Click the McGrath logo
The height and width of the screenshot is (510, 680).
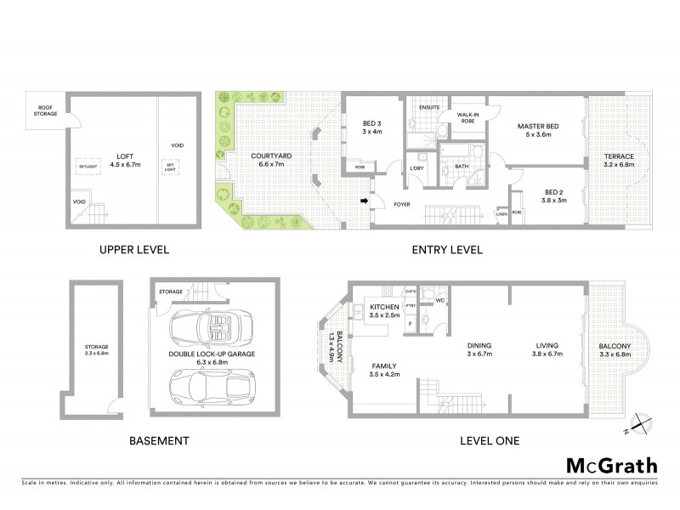pos(611,465)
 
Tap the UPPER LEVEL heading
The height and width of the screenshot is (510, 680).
pos(133,250)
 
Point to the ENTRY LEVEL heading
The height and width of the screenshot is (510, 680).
pos(447,250)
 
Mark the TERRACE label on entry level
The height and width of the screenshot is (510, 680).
pos(618,161)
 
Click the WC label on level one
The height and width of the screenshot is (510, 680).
pos(441,299)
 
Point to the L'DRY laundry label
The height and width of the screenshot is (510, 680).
pos(417,168)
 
